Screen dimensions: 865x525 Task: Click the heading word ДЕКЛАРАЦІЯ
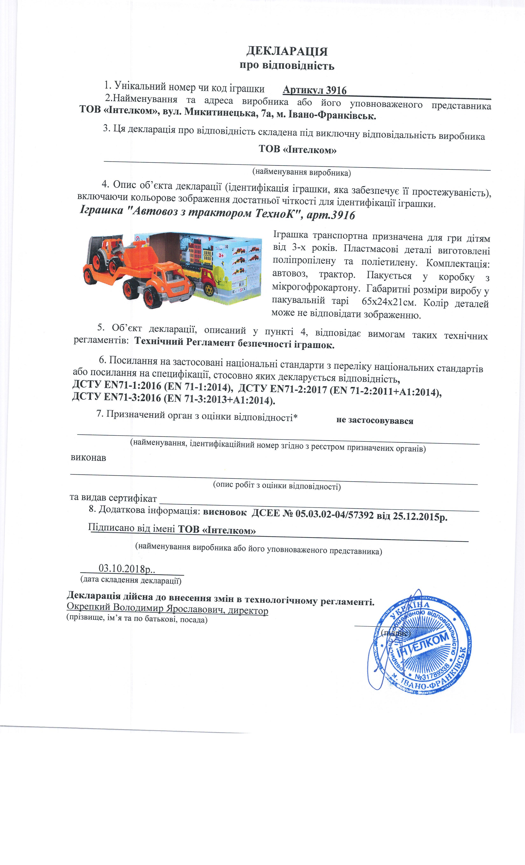(x=287, y=51)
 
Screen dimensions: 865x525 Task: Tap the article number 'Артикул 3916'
(x=314, y=91)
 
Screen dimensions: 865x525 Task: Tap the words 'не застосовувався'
(x=374, y=421)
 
